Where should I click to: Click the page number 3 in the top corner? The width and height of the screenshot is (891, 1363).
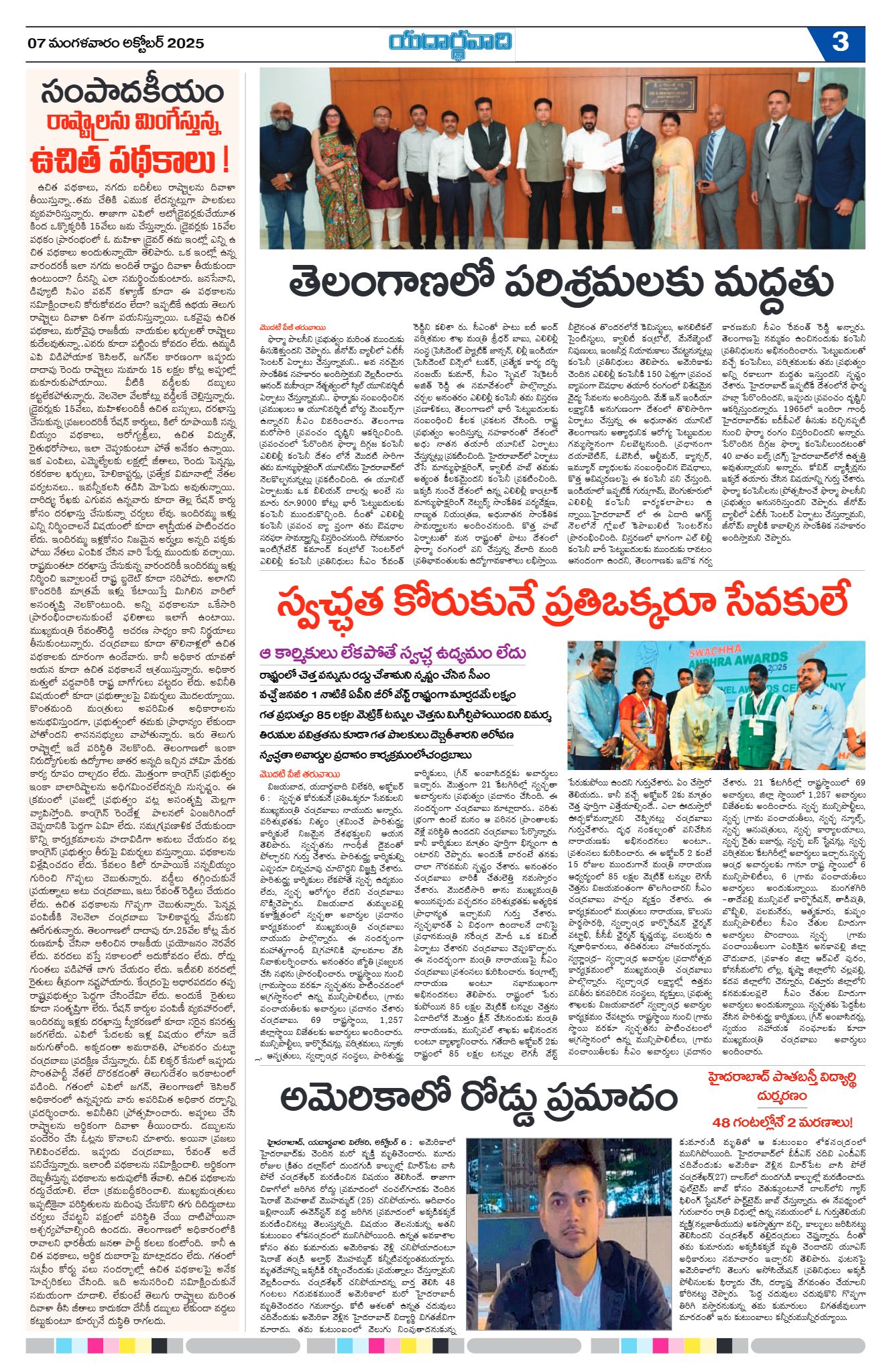[839, 42]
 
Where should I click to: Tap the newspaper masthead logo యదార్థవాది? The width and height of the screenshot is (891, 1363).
[451, 44]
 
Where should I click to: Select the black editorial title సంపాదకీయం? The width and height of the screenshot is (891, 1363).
[132, 93]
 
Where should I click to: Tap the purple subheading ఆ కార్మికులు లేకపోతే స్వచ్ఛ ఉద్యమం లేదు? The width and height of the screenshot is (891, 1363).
[393, 653]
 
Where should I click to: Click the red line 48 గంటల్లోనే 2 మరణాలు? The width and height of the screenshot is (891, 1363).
[782, 1122]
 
